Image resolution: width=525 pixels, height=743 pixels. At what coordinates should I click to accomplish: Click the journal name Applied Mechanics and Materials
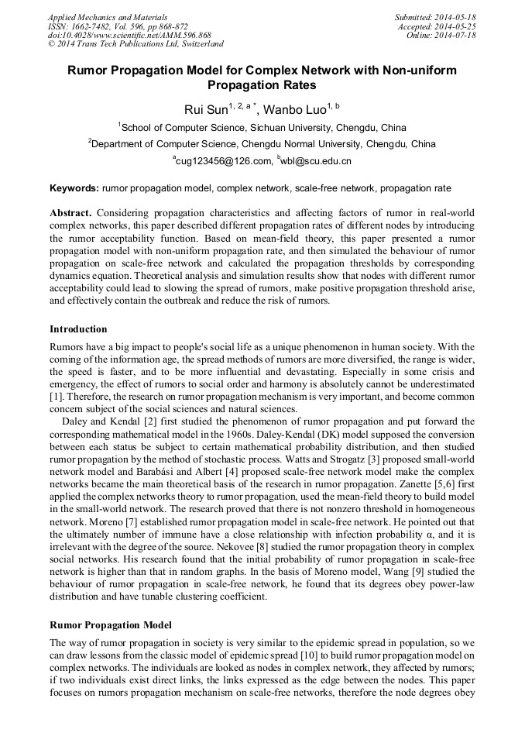coord(108,17)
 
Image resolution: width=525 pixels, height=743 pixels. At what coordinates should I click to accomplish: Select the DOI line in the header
coord(129,36)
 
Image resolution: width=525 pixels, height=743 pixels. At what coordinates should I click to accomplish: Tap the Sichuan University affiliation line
coord(263,128)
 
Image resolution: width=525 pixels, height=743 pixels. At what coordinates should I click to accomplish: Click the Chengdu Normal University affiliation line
coord(262,144)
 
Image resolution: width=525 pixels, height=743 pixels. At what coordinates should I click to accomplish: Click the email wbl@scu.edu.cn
coord(316,161)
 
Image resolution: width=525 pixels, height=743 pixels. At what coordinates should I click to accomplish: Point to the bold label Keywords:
coord(74,188)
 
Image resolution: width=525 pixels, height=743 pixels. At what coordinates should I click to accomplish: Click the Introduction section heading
coord(78,329)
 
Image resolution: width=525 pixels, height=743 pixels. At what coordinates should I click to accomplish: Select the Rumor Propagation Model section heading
coord(111,624)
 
